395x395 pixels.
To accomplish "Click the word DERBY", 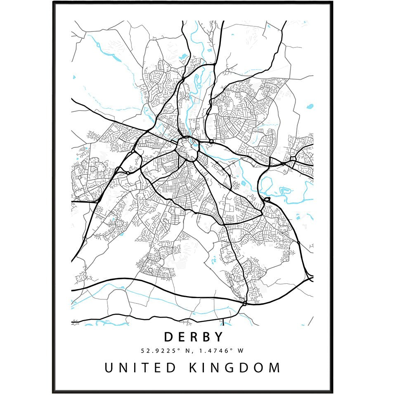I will click(194, 337).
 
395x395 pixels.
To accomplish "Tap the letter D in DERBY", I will click(168, 337).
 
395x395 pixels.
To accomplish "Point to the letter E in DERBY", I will click(181, 337).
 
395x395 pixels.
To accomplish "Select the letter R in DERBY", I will click(193, 337).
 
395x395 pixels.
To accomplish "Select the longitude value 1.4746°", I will click(210, 351).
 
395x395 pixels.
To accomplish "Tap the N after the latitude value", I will click(182, 351).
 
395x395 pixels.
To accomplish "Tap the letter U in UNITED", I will click(108, 367).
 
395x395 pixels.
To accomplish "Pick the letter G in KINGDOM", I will click(231, 367).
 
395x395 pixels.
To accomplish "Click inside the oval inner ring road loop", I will click(188, 148).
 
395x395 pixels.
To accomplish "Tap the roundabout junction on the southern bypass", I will click(245, 303).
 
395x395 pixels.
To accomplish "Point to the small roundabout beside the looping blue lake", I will click(266, 200).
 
